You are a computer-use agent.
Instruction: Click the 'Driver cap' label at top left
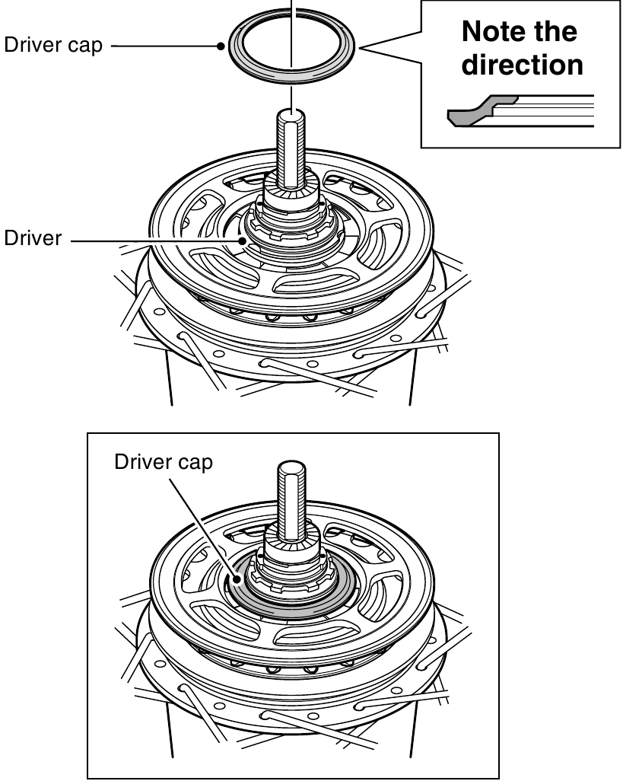[x=53, y=45]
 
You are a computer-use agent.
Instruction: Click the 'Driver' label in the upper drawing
[x=33, y=239]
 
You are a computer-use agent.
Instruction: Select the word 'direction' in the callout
[x=523, y=65]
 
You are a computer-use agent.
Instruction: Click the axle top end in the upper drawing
[x=293, y=115]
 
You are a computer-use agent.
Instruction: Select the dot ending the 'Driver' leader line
[x=242, y=240]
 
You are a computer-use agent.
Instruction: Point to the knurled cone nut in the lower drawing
[x=292, y=551]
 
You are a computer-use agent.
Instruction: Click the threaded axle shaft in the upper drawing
[x=293, y=152]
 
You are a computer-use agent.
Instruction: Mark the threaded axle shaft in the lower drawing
[x=293, y=502]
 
